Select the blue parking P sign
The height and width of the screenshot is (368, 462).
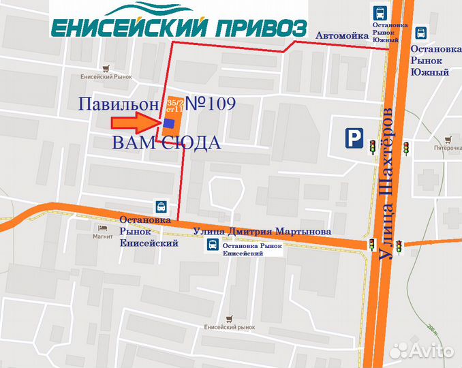(353, 139)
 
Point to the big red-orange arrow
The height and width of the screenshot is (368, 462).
(135, 123)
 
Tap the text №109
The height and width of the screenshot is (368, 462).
(211, 104)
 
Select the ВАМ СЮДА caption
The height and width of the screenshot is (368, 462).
(166, 143)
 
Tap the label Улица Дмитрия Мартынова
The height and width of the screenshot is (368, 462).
(262, 231)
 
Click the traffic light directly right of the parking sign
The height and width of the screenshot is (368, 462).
(373, 145)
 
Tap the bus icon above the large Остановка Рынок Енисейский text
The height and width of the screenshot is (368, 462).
(161, 206)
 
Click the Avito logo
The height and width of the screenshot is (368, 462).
(423, 350)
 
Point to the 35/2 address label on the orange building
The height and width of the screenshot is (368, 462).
(174, 102)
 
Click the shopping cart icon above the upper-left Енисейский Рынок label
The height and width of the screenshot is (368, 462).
(106, 68)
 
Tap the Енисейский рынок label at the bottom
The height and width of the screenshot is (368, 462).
(230, 328)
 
